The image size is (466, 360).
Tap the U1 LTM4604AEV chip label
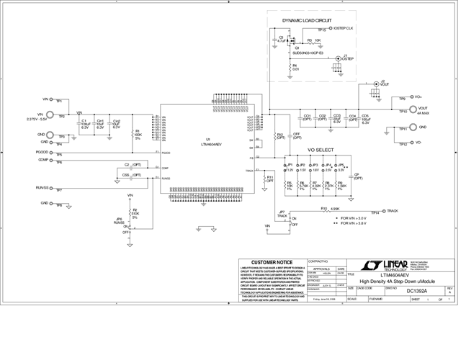coord(209,142)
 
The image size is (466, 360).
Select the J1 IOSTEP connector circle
coord(338,58)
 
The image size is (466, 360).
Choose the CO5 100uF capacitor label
coord(366,119)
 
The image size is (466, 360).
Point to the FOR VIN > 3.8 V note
coord(354,223)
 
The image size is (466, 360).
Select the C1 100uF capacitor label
coord(86,124)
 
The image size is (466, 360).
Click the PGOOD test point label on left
coord(42,153)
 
